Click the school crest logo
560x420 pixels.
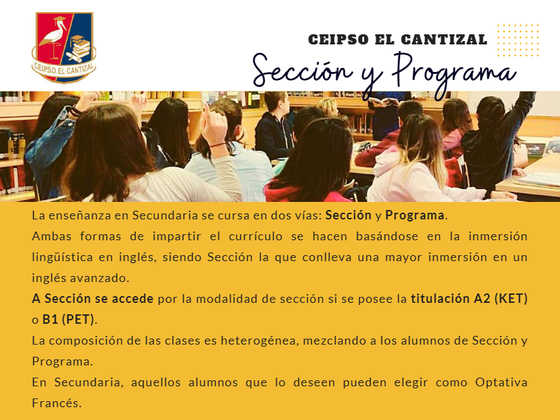click(64, 48)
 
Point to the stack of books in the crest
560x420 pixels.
click(79, 48)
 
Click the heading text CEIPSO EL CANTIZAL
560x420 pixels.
click(397, 40)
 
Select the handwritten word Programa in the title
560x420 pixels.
click(454, 73)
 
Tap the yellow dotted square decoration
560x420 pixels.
click(518, 40)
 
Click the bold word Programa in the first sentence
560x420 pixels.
click(415, 215)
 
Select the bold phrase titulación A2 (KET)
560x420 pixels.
click(469, 298)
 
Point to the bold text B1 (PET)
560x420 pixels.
click(68, 319)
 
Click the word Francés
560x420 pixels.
click(56, 403)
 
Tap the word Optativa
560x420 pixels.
click(501, 382)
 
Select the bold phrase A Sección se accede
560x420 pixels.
click(93, 298)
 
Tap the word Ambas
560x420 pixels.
click(52, 236)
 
